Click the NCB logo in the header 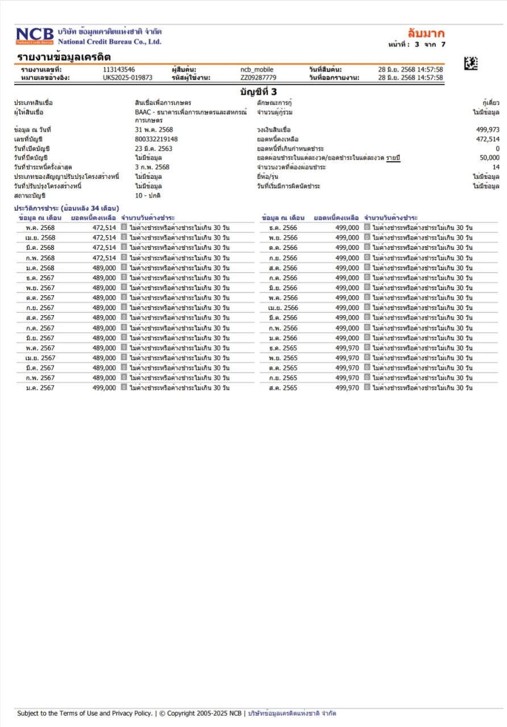point(35,36)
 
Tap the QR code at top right point(471,64)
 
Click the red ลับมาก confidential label point(426,33)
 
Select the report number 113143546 point(119,70)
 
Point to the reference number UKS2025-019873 point(127,78)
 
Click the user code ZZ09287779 point(258,78)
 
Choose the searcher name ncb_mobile point(257,70)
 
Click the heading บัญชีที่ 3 point(258,91)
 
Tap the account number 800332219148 point(156,139)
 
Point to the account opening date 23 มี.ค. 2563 point(153,149)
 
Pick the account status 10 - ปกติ point(148,195)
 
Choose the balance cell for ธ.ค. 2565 point(347,348)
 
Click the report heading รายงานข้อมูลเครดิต point(64,57)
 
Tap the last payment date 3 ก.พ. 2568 point(152,168)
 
